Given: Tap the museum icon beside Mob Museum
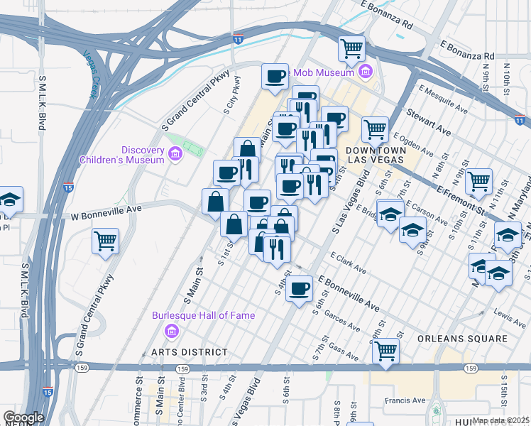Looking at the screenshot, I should pos(366,71).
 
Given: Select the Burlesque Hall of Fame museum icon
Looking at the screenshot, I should pos(171,330).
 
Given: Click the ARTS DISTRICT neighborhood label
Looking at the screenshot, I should pos(190,352).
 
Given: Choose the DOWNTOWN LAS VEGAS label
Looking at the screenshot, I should pos(376,155).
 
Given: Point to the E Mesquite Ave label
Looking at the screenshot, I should pos(444,100).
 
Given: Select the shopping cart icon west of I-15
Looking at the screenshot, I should pos(105,241).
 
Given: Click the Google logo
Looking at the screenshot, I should pos(23,417).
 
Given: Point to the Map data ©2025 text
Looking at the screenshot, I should pos(500,420).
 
